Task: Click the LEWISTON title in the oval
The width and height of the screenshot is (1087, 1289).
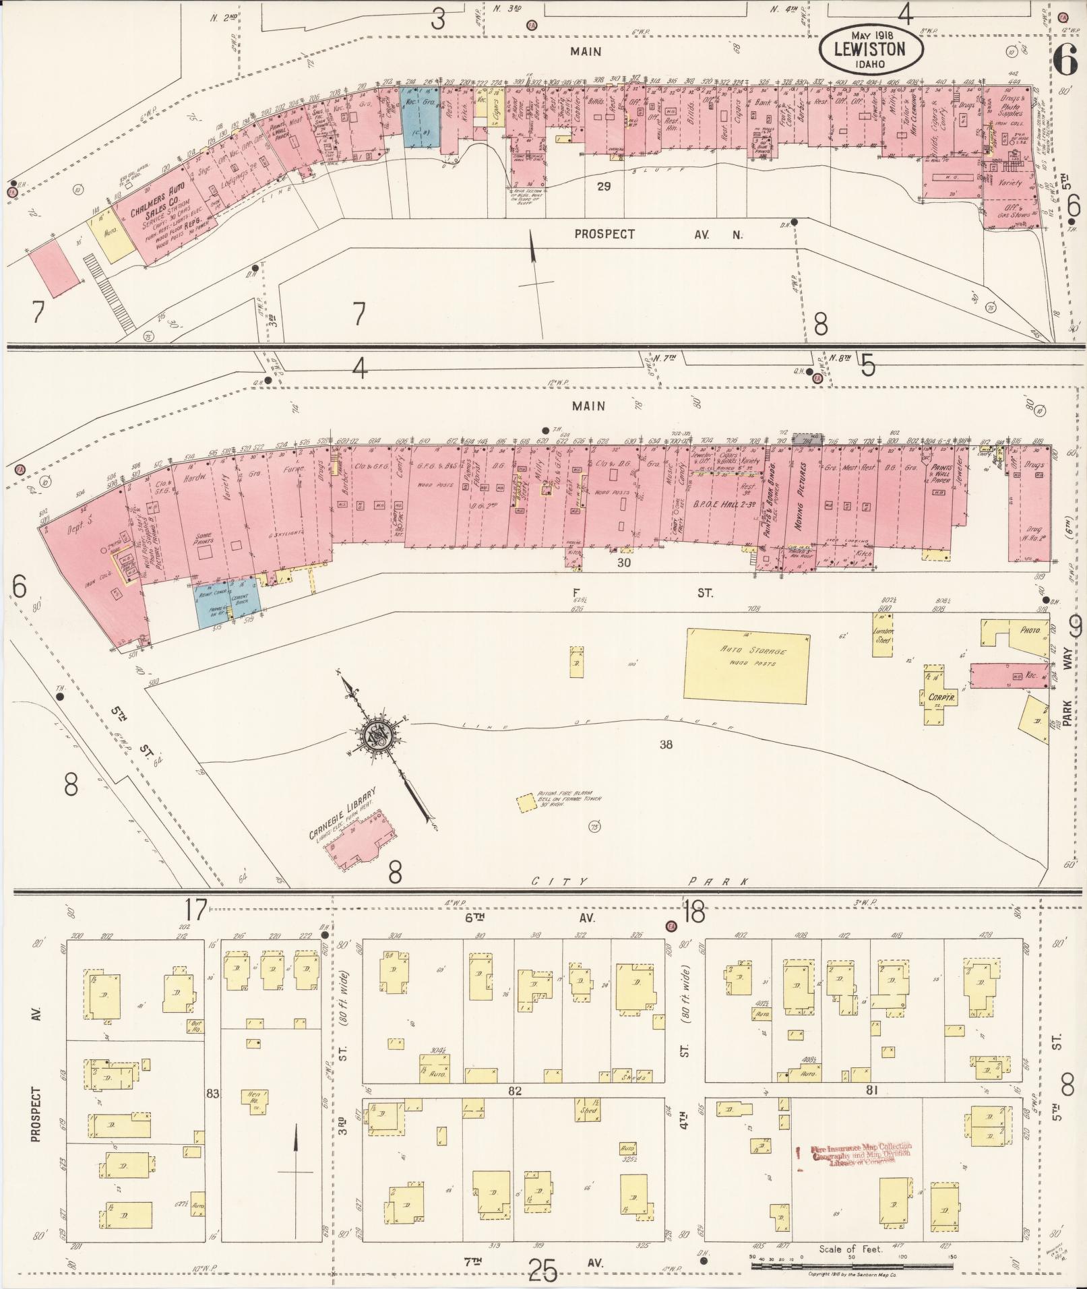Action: [869, 49]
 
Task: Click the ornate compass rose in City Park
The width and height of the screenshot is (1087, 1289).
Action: [377, 736]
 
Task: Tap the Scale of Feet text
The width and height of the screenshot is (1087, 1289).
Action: [850, 1249]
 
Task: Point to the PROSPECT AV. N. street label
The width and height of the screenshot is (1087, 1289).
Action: [656, 234]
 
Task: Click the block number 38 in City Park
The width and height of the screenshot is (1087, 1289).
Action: [666, 744]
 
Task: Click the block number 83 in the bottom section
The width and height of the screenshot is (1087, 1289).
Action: [213, 1094]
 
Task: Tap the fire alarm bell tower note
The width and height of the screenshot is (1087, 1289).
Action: [567, 801]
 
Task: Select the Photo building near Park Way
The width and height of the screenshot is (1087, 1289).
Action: [1025, 631]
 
